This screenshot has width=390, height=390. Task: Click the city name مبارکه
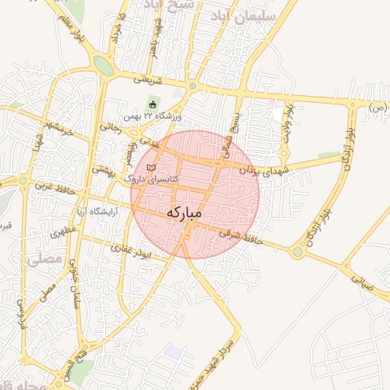184,213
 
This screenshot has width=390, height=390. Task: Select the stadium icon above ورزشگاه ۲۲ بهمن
153,104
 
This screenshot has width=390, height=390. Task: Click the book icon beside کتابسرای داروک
151,167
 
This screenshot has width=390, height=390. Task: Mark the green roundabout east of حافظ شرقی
297,251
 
